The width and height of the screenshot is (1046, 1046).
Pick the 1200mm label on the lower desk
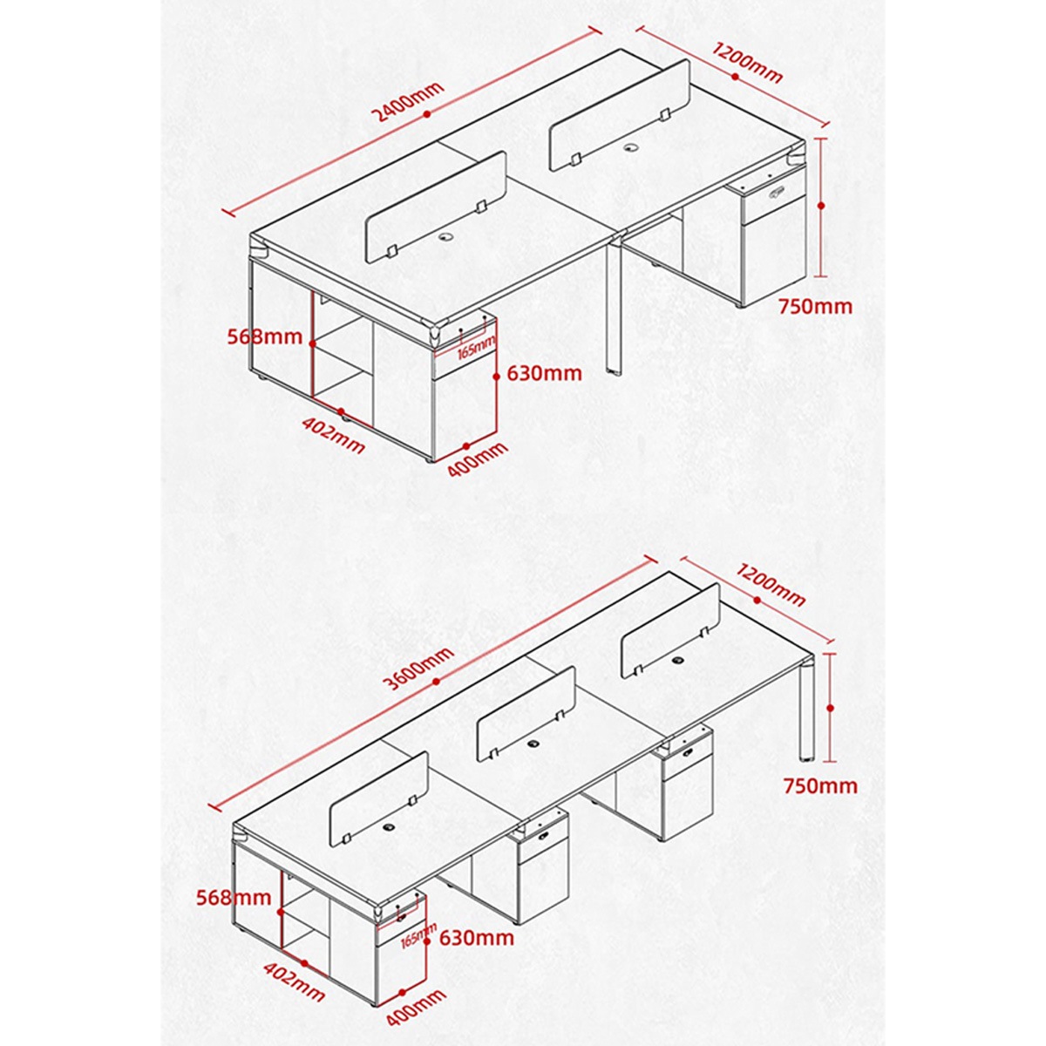pyautogui.click(x=769, y=585)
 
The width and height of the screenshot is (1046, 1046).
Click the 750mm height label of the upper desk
pyautogui.click(x=815, y=307)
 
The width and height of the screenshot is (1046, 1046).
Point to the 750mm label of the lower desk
pyautogui.click(x=820, y=785)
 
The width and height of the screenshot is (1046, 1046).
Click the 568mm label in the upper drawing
pyautogui.click(x=264, y=337)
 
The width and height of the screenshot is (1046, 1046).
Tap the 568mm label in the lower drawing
pyautogui.click(x=234, y=897)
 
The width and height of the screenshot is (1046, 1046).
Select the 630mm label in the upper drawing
pyautogui.click(x=544, y=373)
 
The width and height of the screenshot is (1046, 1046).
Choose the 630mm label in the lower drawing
pyautogui.click(x=477, y=937)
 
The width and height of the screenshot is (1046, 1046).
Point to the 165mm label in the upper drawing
pyautogui.click(x=477, y=349)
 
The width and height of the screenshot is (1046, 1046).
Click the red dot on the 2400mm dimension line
pyautogui.click(x=426, y=114)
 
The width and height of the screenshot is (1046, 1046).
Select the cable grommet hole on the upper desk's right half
pyautogui.click(x=630, y=147)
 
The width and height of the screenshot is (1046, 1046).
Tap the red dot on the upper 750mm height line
pyautogui.click(x=821, y=206)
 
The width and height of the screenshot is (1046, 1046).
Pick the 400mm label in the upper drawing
pyautogui.click(x=477, y=459)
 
